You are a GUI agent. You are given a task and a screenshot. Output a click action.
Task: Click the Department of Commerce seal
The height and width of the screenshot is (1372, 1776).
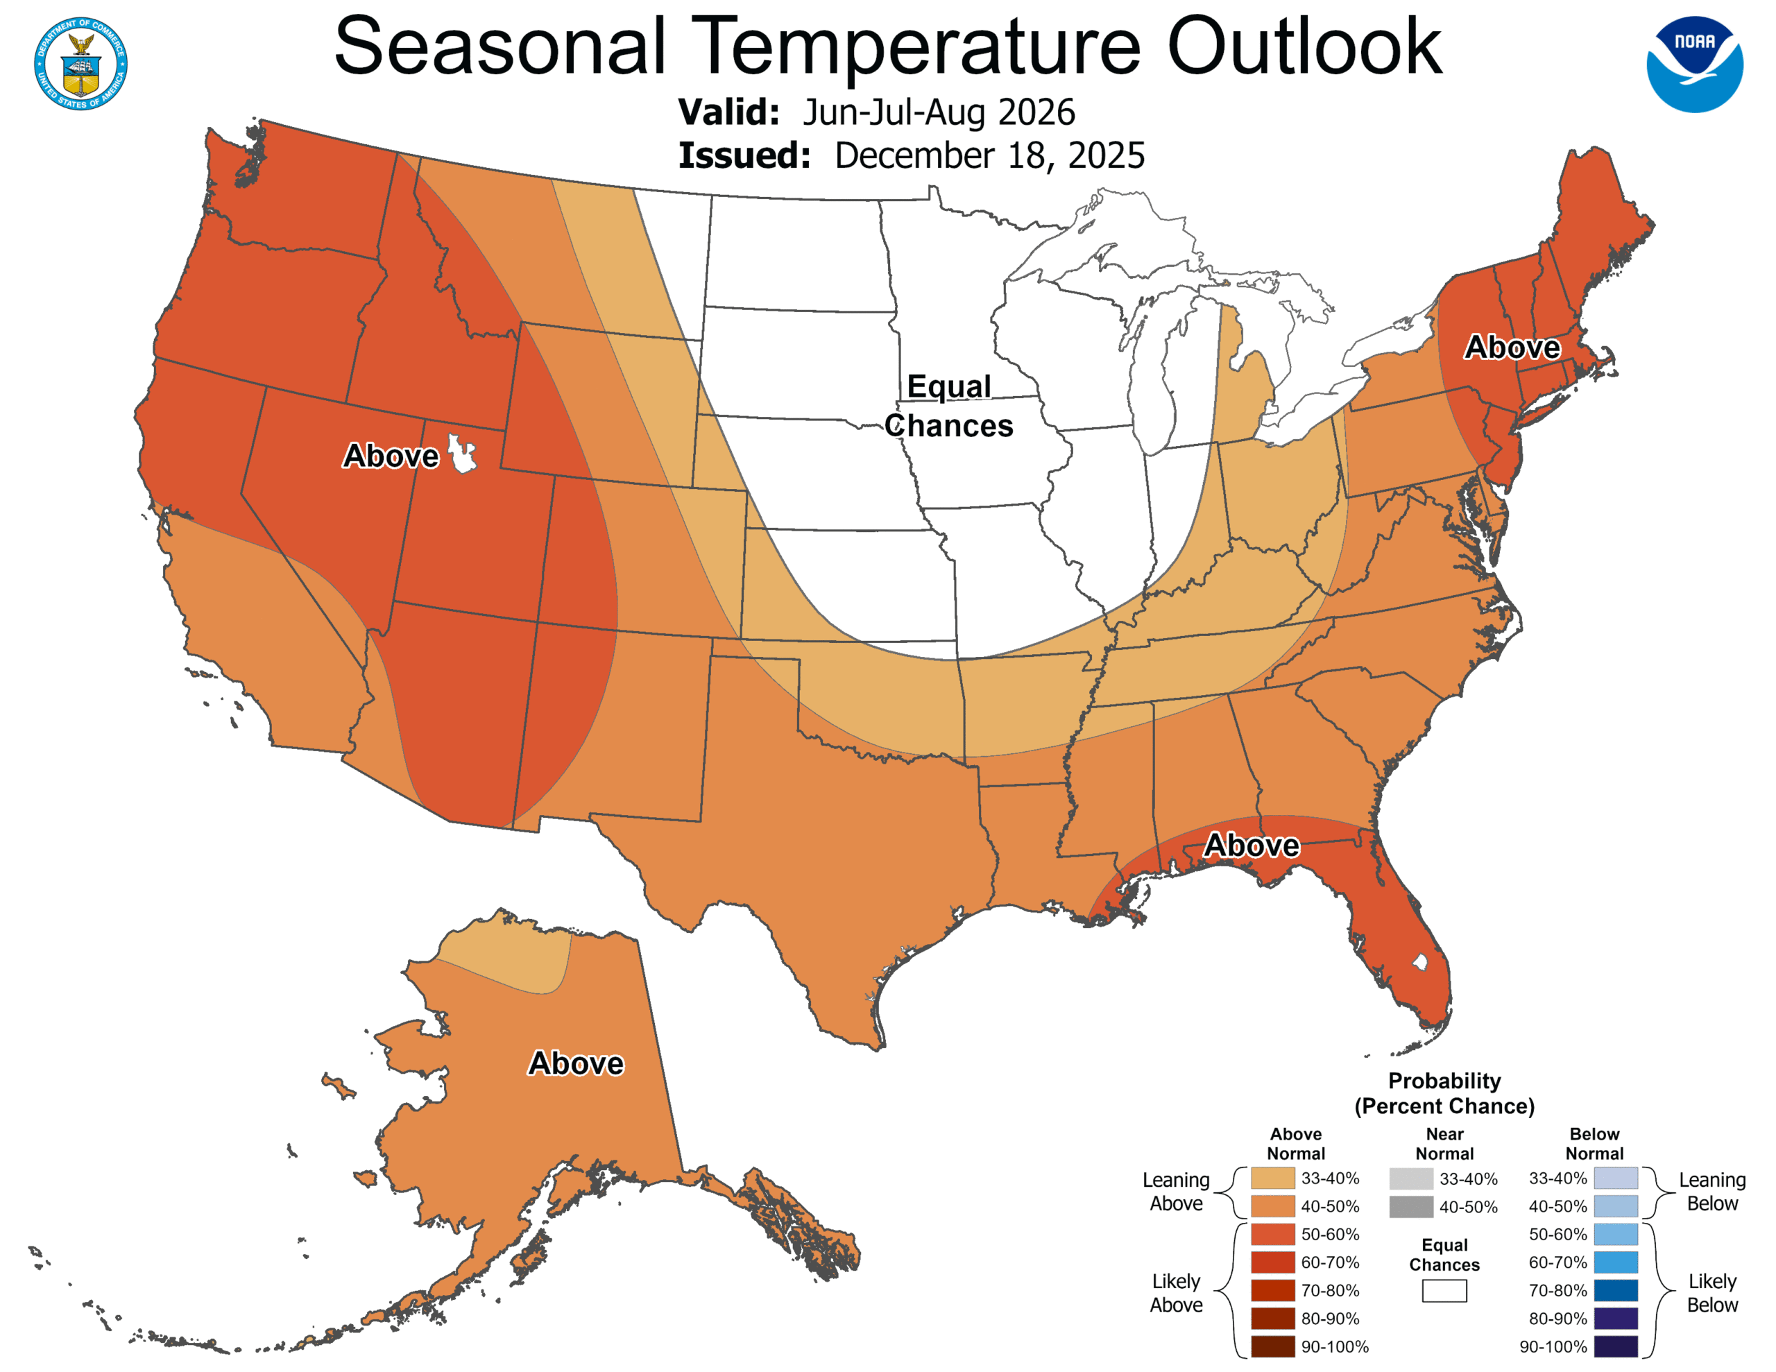80,63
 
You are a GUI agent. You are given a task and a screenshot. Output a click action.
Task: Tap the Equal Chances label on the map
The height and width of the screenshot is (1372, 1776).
949,406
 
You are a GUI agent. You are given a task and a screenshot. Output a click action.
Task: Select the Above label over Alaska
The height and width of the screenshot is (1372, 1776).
576,1063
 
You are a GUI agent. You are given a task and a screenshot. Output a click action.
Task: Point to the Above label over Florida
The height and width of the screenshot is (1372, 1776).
1252,845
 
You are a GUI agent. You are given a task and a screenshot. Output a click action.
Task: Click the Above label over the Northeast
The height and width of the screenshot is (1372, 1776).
1512,348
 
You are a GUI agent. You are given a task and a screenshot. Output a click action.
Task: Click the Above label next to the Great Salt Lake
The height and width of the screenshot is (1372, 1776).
391,456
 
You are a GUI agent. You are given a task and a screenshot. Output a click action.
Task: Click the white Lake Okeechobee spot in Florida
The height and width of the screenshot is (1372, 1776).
1420,962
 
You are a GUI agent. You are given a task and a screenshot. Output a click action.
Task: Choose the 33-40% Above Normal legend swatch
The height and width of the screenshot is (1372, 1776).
1272,1178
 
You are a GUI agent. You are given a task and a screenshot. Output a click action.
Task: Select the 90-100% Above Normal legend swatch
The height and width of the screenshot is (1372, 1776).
1272,1347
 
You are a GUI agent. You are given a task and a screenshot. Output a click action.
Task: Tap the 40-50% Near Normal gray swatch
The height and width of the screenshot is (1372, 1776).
1411,1207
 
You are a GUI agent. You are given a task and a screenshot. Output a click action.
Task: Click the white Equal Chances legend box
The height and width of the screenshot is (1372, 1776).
1444,1291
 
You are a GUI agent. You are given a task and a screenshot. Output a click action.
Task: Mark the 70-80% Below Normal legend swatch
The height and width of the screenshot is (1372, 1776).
1615,1291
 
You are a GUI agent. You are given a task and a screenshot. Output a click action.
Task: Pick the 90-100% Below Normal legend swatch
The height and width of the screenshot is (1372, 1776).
1615,1347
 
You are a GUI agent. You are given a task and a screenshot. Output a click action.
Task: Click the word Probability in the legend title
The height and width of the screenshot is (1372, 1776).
1444,1081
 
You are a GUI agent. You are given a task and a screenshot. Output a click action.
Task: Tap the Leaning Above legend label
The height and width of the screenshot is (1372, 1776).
1176,1192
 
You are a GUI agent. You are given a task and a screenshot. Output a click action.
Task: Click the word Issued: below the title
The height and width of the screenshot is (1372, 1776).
744,155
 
